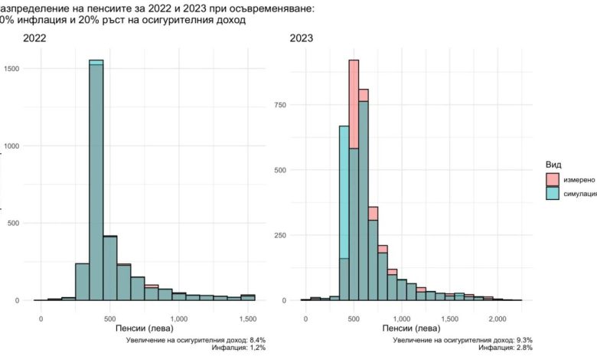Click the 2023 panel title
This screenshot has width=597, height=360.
pyautogui.click(x=302, y=38)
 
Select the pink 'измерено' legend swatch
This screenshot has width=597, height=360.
pyautogui.click(x=551, y=179)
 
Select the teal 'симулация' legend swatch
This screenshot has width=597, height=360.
pyautogui.click(x=551, y=194)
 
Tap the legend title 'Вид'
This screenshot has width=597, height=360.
pyautogui.click(x=553, y=165)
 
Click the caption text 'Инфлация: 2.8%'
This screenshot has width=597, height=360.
pyautogui.click(x=505, y=348)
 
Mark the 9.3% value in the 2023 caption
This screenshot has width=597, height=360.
pyautogui.click(x=524, y=339)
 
